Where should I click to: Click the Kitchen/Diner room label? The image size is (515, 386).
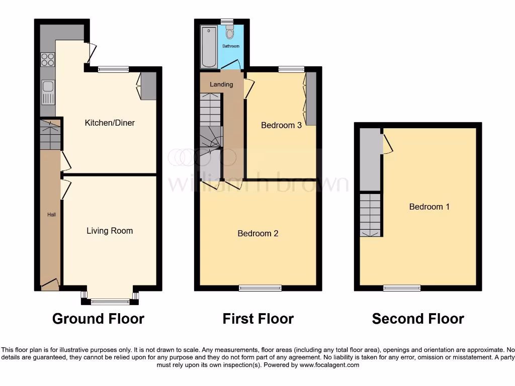tap(110, 123)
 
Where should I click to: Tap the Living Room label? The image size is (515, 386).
tap(110, 231)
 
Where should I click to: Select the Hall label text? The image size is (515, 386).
tap(51, 215)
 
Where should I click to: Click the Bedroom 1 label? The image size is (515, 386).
tap(429, 207)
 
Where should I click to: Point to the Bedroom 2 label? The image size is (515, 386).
tap(257, 233)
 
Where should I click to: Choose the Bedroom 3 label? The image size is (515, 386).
tap(281, 125)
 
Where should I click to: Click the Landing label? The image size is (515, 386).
tap(221, 84)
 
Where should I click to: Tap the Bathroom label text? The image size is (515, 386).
tap(231, 46)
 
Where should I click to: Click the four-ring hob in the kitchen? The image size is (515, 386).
tap(48, 60)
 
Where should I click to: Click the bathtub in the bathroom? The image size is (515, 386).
tap(209, 48)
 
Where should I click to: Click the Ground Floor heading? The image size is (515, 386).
tap(98, 319)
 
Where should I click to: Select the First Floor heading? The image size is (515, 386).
tap(258, 319)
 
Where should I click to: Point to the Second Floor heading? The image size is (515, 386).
tap(418, 319)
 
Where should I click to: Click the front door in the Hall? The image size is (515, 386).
tap(50, 285)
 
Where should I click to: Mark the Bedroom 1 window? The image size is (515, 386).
tap(401, 288)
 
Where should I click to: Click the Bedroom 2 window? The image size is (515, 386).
tap(260, 288)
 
